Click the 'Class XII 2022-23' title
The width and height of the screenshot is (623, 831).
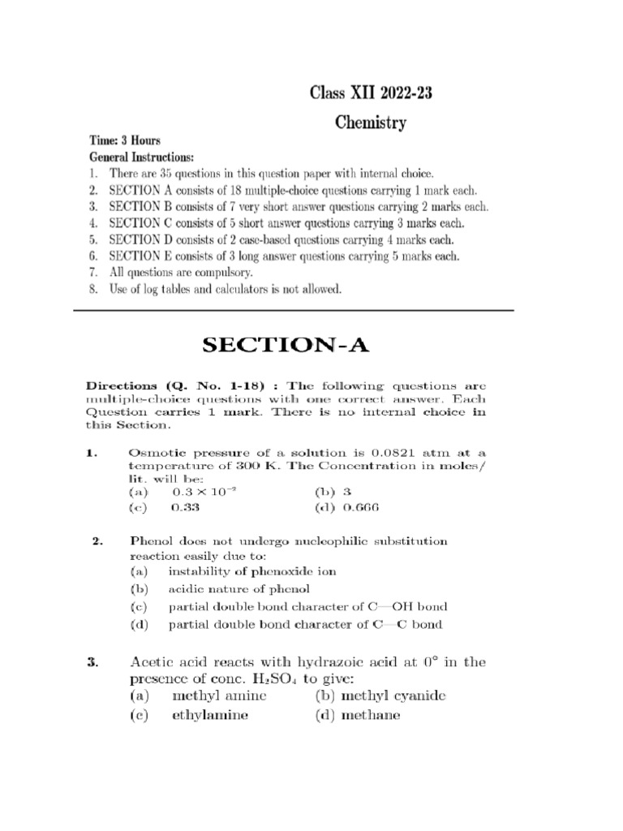pyautogui.click(x=371, y=93)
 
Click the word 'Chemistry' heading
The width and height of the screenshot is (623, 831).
pyautogui.click(x=371, y=124)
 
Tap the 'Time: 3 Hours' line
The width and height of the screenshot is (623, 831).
pyautogui.click(x=124, y=140)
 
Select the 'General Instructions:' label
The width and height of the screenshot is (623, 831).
pyautogui.click(x=141, y=156)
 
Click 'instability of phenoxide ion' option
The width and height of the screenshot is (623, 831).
pyautogui.click(x=251, y=571)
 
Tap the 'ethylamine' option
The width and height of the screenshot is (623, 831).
pyautogui.click(x=209, y=716)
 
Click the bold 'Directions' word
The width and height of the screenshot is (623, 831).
pyautogui.click(x=122, y=387)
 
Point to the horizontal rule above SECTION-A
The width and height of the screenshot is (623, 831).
pyautogui.click(x=294, y=311)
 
